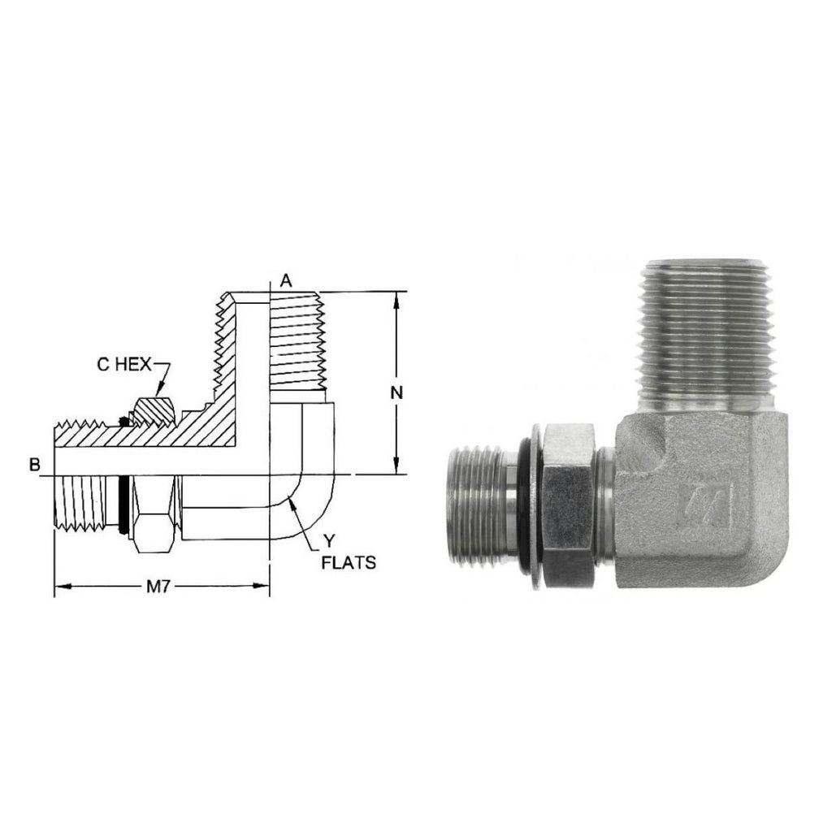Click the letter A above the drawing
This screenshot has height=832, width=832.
(286, 280)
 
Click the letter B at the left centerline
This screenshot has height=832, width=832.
(35, 465)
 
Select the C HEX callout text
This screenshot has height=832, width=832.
(124, 365)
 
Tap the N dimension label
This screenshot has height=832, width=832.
(396, 392)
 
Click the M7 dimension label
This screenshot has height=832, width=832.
(158, 587)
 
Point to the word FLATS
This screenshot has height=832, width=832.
(349, 562)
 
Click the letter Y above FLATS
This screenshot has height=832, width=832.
(330, 541)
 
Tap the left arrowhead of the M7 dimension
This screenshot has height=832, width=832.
(63, 586)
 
